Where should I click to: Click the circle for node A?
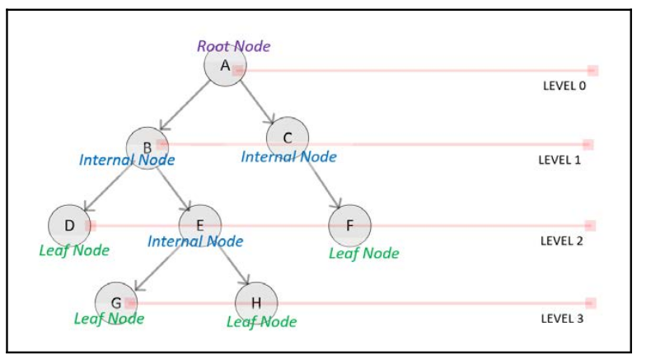[226, 66]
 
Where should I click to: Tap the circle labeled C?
[288, 137]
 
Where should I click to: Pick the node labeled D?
[69, 225]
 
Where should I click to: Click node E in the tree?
[200, 224]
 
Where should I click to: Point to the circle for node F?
[349, 225]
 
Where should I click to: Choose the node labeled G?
[116, 302]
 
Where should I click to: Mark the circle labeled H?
[256, 302]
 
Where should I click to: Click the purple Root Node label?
[233, 46]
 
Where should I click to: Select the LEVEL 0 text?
[564, 85]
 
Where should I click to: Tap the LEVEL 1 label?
[560, 160]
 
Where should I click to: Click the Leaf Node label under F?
[363, 253]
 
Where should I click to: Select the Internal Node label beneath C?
[288, 156]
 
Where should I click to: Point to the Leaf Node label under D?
[74, 250]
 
